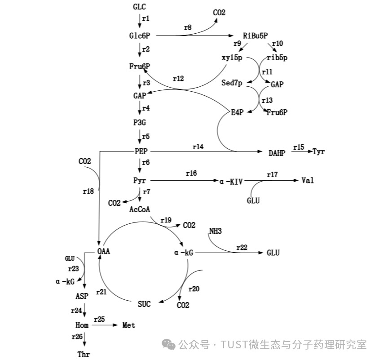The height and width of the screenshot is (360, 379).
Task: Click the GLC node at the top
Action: click(140, 7)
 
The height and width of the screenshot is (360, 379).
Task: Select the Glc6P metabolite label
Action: click(139, 36)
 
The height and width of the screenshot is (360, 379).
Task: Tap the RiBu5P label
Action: click(255, 36)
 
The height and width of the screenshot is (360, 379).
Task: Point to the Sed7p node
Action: click(232, 83)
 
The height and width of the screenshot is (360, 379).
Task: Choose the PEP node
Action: click(141, 151)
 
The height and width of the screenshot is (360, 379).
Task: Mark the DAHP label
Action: click(277, 153)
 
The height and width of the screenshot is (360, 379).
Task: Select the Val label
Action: click(308, 181)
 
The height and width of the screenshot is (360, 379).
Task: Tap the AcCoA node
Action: click(140, 209)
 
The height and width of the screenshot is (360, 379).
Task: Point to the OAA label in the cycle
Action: click(103, 251)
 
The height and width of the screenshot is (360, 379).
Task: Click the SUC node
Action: click(144, 304)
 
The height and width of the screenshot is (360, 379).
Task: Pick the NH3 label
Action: click(216, 231)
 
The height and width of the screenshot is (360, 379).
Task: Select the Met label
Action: click(129, 325)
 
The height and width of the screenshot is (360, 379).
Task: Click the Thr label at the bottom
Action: click(84, 354)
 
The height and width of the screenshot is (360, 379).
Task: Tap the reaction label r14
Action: click(198, 147)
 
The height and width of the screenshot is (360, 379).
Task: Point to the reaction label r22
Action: click(242, 248)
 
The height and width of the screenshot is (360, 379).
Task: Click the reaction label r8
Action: click(188, 28)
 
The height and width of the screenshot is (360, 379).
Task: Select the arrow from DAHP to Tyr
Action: click(301, 152)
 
